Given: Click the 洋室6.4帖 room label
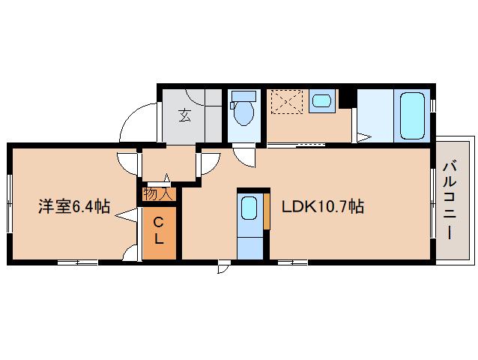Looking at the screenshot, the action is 74,206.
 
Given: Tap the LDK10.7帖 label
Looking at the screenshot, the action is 323,206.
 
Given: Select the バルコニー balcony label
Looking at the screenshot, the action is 450,201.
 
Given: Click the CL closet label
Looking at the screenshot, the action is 158,230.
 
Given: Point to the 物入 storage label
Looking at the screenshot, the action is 158,194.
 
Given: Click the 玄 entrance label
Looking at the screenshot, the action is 184,115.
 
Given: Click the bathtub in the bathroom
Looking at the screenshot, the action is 412,116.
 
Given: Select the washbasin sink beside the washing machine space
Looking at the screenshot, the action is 321,100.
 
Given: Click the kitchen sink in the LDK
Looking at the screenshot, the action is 249,208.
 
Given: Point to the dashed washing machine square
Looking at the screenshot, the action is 287,101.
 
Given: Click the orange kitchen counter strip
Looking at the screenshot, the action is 267,211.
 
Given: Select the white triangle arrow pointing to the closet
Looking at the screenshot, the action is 126,215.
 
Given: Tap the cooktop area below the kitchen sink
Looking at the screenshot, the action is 250,248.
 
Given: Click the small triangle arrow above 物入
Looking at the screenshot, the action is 166,178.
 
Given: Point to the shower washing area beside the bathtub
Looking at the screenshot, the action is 375,115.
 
